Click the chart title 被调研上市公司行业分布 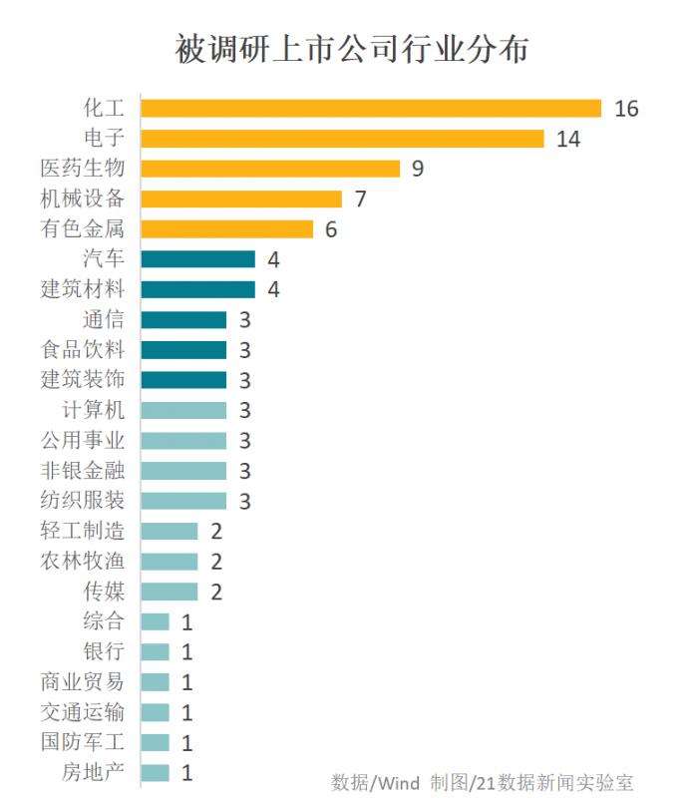351,49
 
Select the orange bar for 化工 371,108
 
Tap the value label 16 626,109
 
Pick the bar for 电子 342,138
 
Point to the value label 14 568,139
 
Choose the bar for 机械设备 241,199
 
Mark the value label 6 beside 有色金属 331,229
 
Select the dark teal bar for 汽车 198,259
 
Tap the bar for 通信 183,319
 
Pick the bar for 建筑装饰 183,380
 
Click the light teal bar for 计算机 183,410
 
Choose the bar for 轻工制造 170,531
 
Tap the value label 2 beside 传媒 216,593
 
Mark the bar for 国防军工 156,742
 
